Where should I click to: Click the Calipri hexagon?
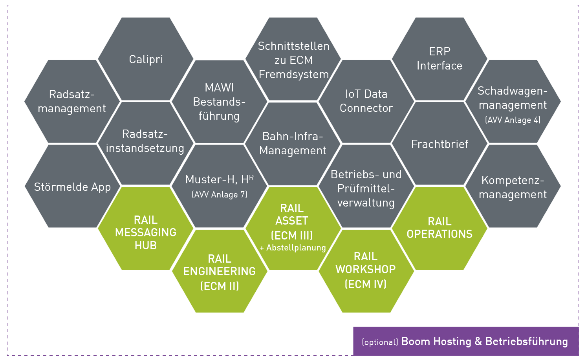[146, 59]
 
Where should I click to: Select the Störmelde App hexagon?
[72, 187]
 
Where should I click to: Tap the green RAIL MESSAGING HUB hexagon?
[146, 232]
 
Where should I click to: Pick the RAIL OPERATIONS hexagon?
[439, 228]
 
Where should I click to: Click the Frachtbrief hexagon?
[439, 144]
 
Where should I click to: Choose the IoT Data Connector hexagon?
[366, 101]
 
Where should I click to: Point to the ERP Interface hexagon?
[439, 59]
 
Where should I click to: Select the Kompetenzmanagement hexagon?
[513, 187]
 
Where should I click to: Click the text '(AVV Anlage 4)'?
[513, 120]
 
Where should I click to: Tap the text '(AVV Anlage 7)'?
[219, 195]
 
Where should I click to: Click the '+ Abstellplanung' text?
[293, 248]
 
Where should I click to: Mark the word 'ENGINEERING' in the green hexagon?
[220, 271]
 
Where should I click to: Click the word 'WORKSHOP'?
[366, 269]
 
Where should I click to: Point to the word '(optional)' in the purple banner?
[380, 342]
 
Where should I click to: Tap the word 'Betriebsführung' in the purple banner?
[527, 342]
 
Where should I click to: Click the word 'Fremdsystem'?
[294, 74]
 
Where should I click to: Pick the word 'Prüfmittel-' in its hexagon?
[366, 189]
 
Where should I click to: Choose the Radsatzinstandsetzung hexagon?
[145, 141]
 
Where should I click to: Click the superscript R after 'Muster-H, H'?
[251, 177]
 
